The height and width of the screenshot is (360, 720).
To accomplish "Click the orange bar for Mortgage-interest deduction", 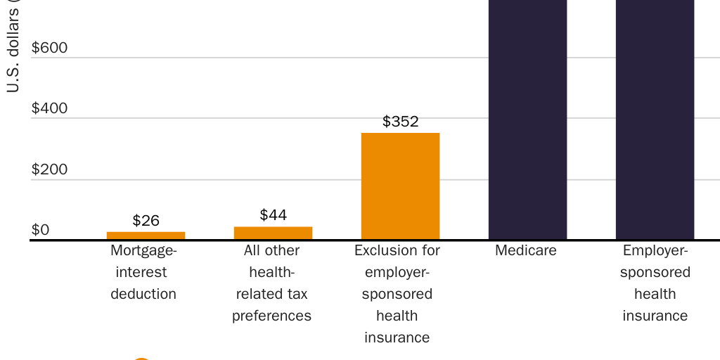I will pyautogui.click(x=146, y=236).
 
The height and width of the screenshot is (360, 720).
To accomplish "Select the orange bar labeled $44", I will pyautogui.click(x=273, y=233).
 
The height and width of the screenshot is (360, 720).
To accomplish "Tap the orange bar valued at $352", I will pyautogui.click(x=400, y=186).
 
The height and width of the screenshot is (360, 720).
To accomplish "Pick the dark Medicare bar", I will pyautogui.click(x=527, y=120).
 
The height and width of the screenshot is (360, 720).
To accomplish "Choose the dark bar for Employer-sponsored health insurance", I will pyautogui.click(x=655, y=120).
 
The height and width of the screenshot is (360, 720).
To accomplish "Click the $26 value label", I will pyautogui.click(x=146, y=220).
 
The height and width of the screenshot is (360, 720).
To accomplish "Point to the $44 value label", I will pyautogui.click(x=273, y=214).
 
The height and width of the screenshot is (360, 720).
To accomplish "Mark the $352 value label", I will pyautogui.click(x=400, y=121).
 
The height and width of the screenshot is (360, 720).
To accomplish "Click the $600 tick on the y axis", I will pyautogui.click(x=49, y=48).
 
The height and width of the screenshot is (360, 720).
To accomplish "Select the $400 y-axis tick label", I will pyautogui.click(x=49, y=108).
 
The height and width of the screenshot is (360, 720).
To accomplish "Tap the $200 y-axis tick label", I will pyautogui.click(x=49, y=169).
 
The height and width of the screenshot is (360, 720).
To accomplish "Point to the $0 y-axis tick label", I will pyautogui.click(x=40, y=230).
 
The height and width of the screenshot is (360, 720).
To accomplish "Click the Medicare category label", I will pyautogui.click(x=525, y=250).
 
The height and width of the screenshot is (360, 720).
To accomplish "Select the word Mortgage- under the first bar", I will pyautogui.click(x=144, y=250).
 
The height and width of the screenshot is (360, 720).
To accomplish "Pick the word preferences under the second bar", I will pyautogui.click(x=271, y=316).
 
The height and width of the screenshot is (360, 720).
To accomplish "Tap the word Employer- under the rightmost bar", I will pyautogui.click(x=655, y=250).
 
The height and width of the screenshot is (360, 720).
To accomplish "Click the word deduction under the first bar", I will pyautogui.click(x=143, y=294).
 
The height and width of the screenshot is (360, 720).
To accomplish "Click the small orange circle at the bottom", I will pyautogui.click(x=141, y=358).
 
